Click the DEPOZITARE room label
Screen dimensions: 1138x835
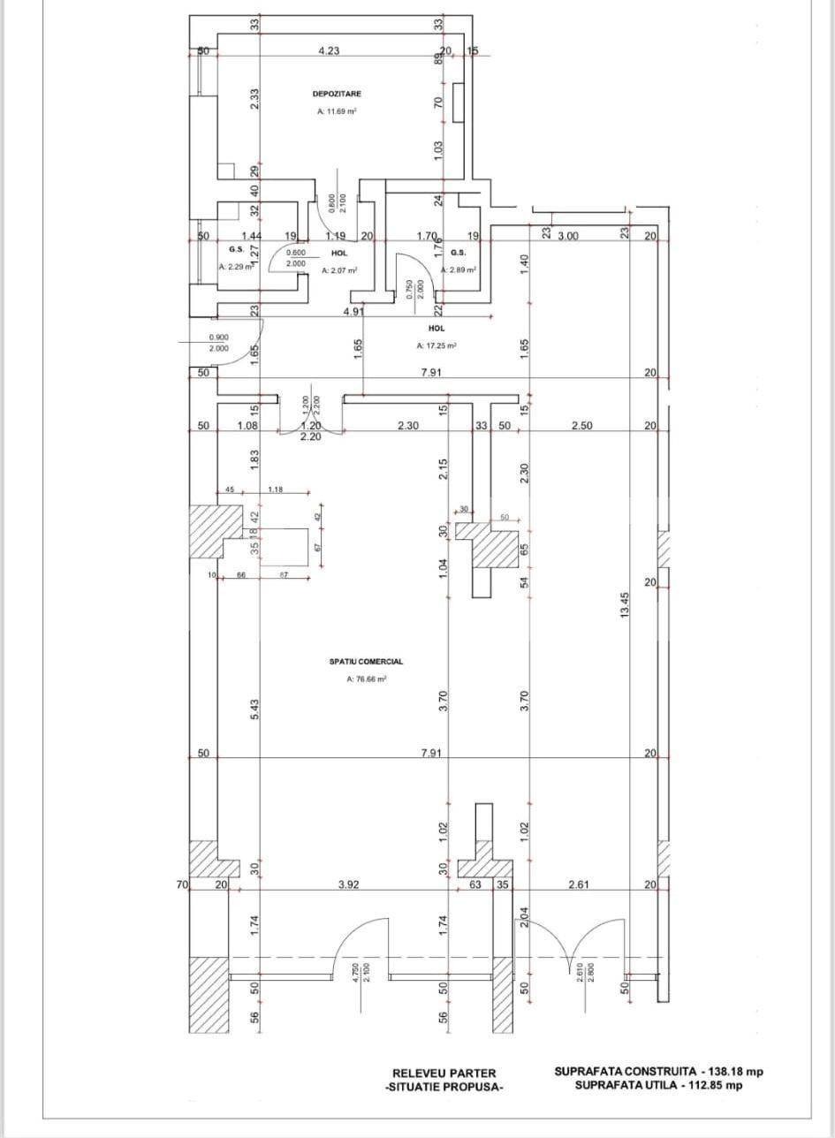[337, 93]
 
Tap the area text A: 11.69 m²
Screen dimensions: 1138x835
[337, 112]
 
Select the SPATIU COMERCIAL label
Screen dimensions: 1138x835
[366, 661]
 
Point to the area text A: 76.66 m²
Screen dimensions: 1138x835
[367, 679]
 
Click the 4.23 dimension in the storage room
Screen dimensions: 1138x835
[329, 51]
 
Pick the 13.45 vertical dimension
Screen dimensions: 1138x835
[626, 606]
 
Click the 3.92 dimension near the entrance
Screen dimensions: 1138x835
[350, 884]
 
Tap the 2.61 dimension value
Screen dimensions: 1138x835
[580, 884]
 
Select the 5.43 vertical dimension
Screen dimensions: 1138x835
[254, 708]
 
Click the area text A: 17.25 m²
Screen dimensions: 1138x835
[436, 346]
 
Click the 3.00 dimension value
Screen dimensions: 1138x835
[567, 236]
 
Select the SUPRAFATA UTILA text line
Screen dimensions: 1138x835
[658, 1086]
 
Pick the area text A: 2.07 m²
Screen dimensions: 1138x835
[338, 270]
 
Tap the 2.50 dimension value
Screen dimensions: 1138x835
[581, 426]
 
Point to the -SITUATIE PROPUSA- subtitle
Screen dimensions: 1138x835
[444, 1088]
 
